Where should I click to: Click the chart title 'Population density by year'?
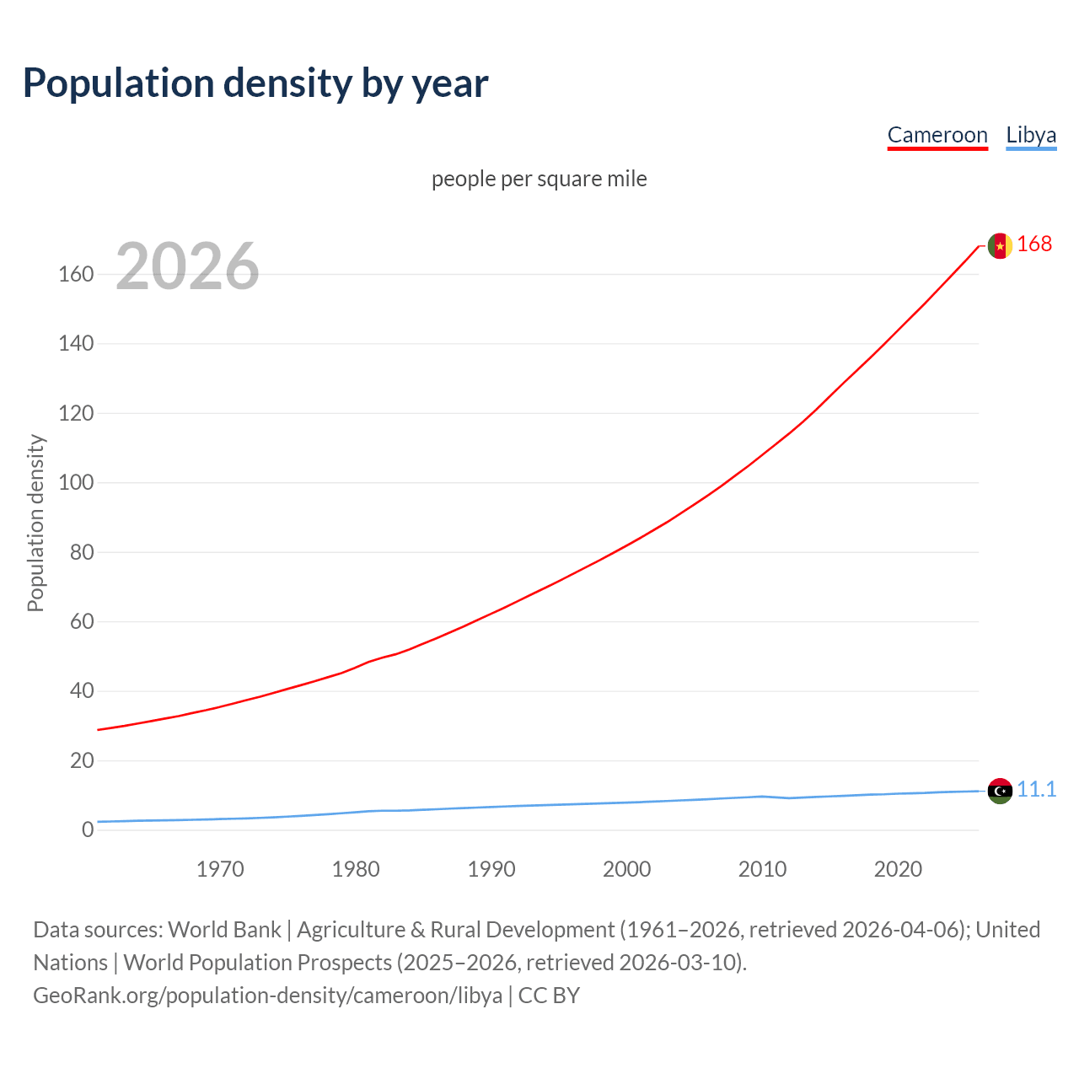click(255, 83)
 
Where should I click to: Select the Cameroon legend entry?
click(937, 136)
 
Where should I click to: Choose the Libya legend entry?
click(1031, 136)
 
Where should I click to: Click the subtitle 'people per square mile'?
click(539, 180)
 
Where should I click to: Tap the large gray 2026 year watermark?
click(187, 266)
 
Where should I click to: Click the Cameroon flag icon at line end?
click(1000, 245)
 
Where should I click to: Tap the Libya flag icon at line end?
click(1000, 791)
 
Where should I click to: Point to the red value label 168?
click(1034, 244)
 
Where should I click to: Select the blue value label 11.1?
click(1036, 790)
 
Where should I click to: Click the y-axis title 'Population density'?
click(35, 523)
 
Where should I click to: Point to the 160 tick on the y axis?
click(76, 275)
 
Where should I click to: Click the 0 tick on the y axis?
click(88, 830)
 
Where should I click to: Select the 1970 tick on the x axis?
click(220, 869)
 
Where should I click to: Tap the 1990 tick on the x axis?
click(491, 869)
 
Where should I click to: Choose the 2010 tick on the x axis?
click(762, 869)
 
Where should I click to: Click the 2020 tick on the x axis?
click(898, 869)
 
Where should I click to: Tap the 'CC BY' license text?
click(549, 996)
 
